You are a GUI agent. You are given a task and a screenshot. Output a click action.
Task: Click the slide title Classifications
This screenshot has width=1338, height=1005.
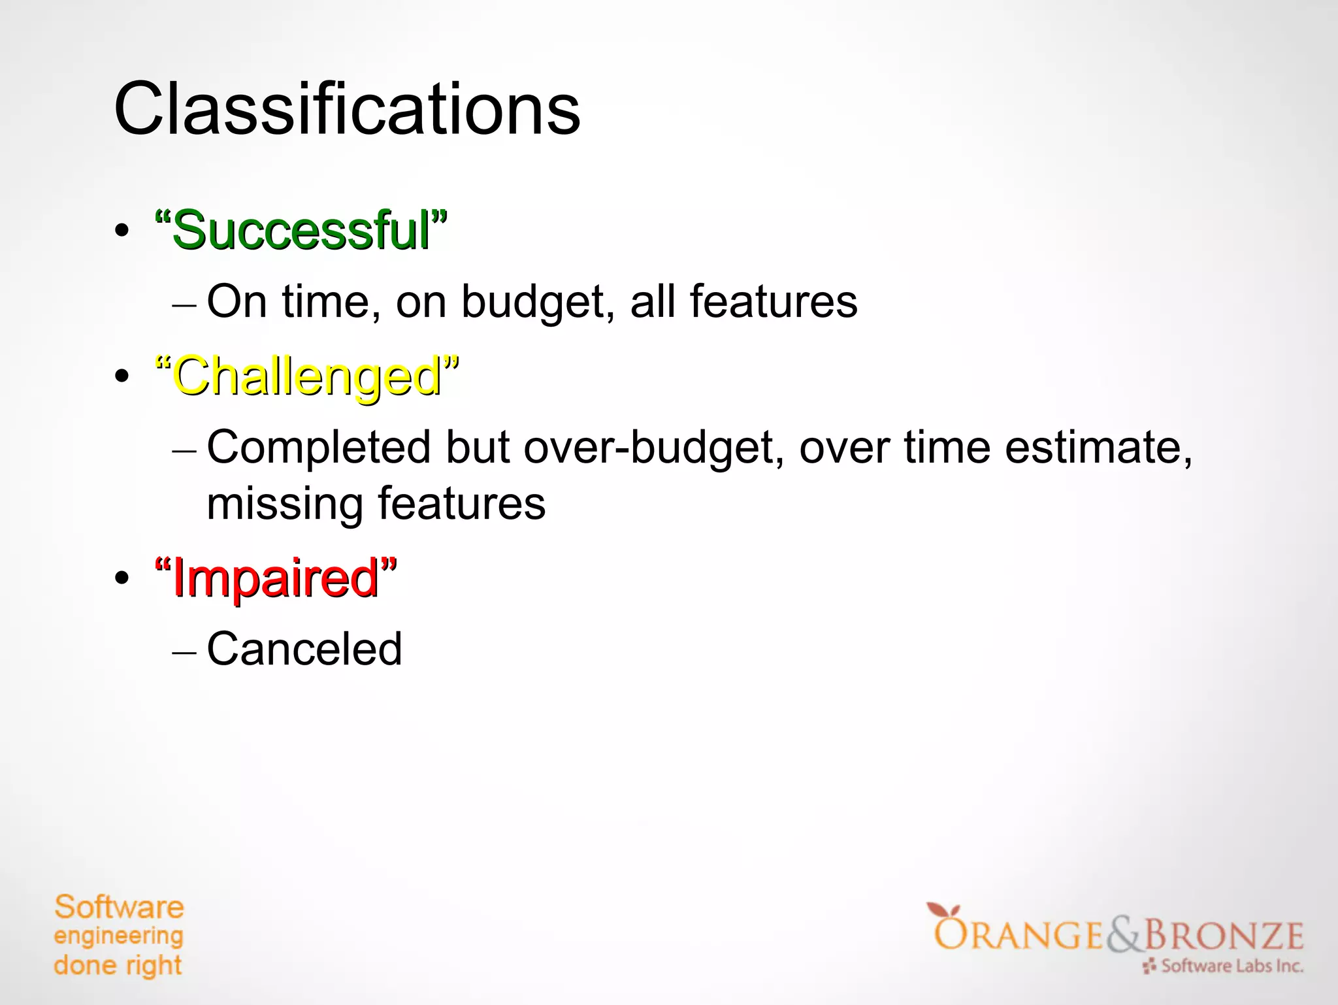[x=346, y=109]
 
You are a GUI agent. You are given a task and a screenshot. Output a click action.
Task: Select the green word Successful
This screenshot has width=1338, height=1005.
[x=301, y=231]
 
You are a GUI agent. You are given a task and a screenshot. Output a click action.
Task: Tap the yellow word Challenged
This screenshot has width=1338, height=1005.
[x=307, y=377]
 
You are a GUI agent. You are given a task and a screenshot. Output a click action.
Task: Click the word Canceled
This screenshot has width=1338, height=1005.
[x=304, y=649]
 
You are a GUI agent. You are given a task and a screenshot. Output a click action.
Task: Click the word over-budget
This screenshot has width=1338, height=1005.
[x=653, y=449]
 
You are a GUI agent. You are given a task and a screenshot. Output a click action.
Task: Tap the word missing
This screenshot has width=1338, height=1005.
[x=285, y=504]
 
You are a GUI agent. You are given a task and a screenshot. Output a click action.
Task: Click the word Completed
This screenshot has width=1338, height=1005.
[x=319, y=449]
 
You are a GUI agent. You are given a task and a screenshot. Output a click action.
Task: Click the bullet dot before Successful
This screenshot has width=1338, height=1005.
[x=122, y=231]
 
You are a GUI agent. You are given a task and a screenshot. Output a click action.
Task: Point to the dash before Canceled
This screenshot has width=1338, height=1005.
[x=184, y=652]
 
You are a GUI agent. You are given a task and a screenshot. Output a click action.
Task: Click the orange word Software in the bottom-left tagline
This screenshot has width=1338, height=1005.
[x=119, y=908]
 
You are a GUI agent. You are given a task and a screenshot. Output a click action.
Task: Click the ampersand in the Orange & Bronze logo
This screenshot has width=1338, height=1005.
[x=1123, y=936]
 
